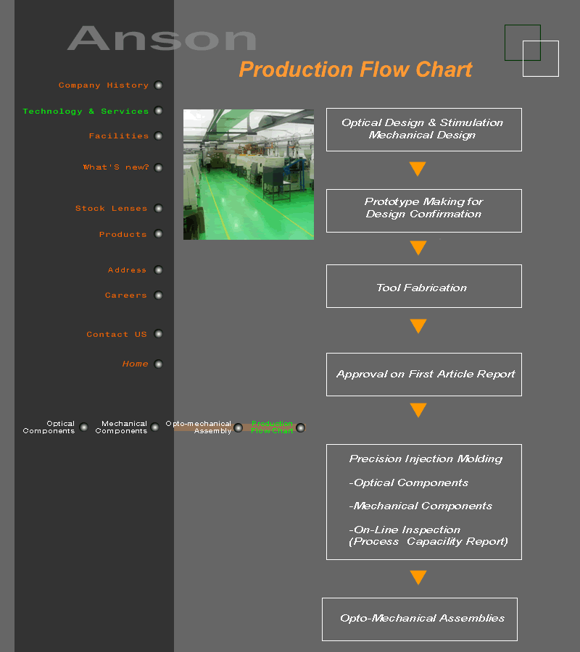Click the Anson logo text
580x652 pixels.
tap(162, 38)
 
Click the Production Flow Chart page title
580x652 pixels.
tap(356, 70)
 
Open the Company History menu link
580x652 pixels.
tap(104, 85)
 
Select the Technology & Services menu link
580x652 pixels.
tap(86, 112)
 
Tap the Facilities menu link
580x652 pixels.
tap(119, 136)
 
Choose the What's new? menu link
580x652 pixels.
tap(116, 167)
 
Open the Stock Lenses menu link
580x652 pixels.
tap(111, 209)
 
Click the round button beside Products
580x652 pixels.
tap(158, 234)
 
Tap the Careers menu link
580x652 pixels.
tap(125, 296)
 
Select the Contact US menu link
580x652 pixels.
tap(117, 334)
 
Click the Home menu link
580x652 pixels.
tap(136, 364)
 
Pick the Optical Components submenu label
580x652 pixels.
tap(49, 427)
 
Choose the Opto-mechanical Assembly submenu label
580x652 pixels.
tap(199, 427)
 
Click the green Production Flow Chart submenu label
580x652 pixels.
tap(272, 427)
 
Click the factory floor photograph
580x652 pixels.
tap(249, 174)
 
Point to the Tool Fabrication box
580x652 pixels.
tap(424, 286)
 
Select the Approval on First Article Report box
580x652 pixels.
tap(424, 375)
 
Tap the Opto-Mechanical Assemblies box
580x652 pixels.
tap(420, 619)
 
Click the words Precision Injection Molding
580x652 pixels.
tap(426, 459)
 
